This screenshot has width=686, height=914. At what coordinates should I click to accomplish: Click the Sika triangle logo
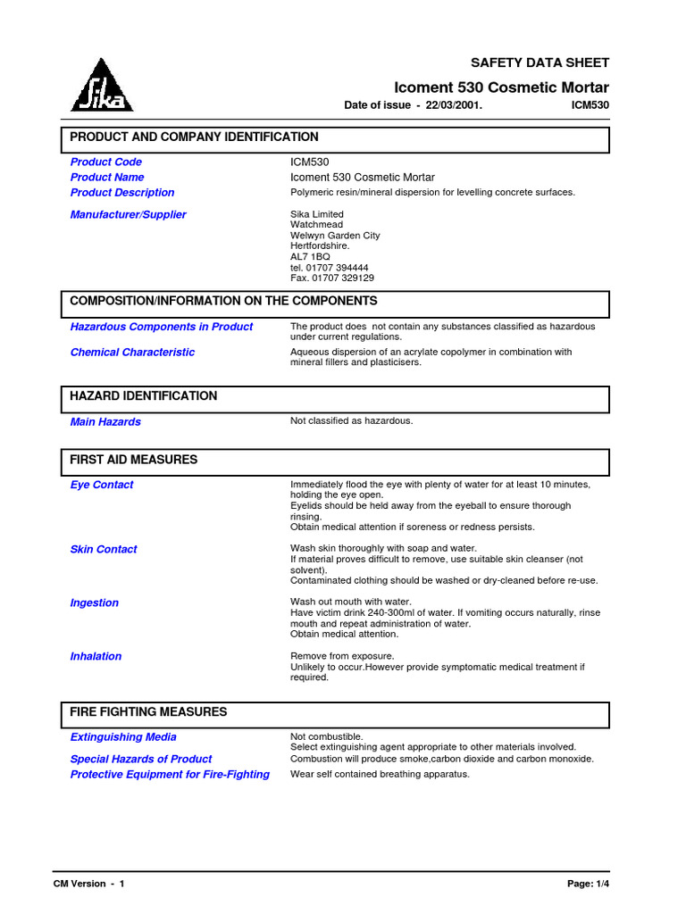click(102, 86)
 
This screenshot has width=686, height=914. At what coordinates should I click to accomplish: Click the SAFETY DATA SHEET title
click(540, 62)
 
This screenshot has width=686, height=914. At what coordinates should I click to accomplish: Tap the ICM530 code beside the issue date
click(590, 105)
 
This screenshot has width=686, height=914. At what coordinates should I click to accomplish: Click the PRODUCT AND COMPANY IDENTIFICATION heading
click(194, 137)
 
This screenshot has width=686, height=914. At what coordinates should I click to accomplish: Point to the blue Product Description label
click(122, 193)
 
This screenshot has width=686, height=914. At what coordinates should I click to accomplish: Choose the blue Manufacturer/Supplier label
click(128, 214)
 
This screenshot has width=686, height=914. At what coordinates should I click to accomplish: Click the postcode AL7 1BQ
click(310, 257)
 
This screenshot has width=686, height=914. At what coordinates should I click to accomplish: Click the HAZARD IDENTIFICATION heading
click(143, 396)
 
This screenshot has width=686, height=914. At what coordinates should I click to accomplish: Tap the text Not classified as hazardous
click(352, 421)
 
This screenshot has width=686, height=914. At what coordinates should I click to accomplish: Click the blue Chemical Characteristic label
click(132, 353)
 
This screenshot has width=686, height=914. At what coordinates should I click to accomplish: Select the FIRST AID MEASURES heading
click(134, 460)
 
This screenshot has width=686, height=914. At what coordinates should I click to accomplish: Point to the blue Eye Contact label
click(102, 486)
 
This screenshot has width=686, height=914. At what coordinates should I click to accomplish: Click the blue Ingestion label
click(94, 603)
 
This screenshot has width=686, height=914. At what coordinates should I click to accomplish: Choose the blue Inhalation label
click(96, 657)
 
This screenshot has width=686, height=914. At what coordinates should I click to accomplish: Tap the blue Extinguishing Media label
click(123, 737)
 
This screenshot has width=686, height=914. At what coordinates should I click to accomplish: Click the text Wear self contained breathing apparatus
click(380, 775)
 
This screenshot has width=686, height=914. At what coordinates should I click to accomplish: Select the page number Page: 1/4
click(588, 884)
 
